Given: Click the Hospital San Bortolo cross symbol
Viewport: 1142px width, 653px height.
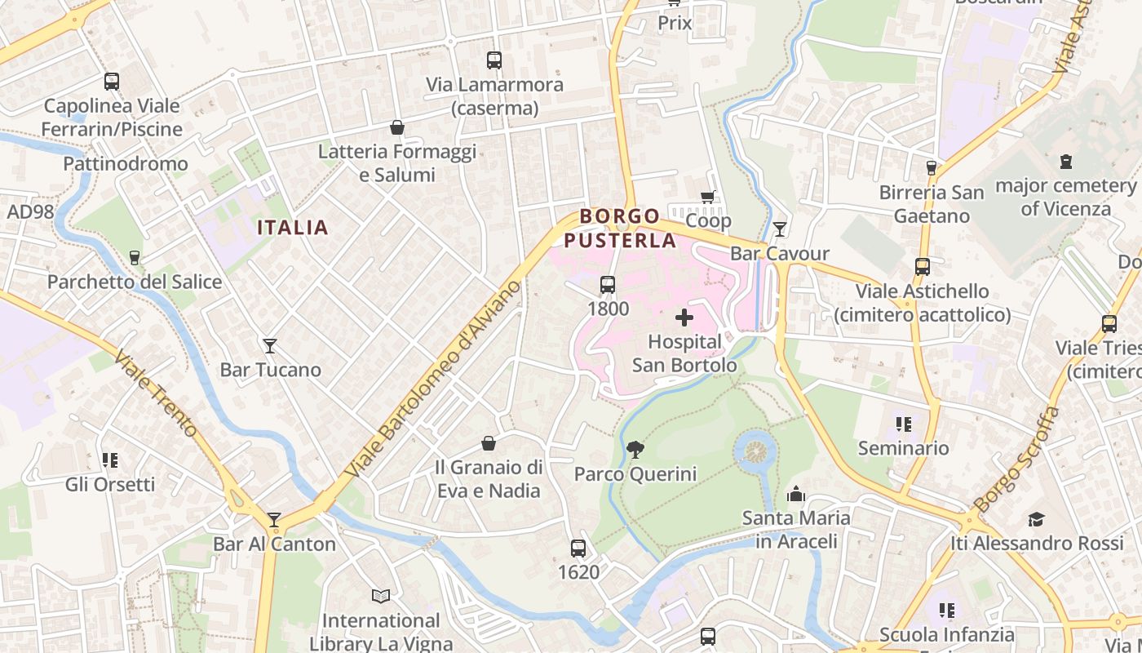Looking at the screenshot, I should click(x=684, y=318).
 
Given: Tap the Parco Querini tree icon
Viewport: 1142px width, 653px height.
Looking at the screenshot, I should click(x=635, y=449).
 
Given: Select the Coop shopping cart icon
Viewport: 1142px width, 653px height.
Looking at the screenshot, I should click(x=708, y=197).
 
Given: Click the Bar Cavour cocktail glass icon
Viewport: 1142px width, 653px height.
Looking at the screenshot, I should click(x=780, y=229).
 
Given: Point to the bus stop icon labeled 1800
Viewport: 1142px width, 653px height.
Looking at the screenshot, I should click(x=608, y=285).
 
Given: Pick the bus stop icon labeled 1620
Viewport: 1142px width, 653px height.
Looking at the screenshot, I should click(x=578, y=549).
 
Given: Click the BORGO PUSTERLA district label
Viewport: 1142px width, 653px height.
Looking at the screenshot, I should click(x=620, y=229).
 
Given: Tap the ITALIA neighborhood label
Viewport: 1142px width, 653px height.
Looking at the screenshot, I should click(x=293, y=228).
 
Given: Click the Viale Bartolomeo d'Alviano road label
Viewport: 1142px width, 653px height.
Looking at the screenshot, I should click(x=432, y=380).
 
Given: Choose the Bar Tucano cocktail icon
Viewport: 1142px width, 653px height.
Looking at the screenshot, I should click(x=270, y=346).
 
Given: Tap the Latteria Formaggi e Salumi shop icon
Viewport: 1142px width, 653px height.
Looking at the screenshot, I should click(x=397, y=127).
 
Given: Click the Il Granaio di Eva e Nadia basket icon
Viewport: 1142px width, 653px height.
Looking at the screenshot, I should click(x=489, y=443).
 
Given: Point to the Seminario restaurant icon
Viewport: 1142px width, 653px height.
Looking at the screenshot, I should click(x=903, y=424).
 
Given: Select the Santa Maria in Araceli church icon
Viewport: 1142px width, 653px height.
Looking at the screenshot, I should click(x=796, y=494).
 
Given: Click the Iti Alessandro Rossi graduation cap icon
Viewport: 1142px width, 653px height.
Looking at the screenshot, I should click(x=1036, y=519).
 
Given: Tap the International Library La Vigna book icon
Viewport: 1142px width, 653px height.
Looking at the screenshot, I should click(x=381, y=596).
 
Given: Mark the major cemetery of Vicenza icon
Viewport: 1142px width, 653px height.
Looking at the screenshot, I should click(x=1065, y=162).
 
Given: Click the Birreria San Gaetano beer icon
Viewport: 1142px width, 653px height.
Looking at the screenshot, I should click(x=932, y=168).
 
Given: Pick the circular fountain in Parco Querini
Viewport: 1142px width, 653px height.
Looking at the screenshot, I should click(x=756, y=450).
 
